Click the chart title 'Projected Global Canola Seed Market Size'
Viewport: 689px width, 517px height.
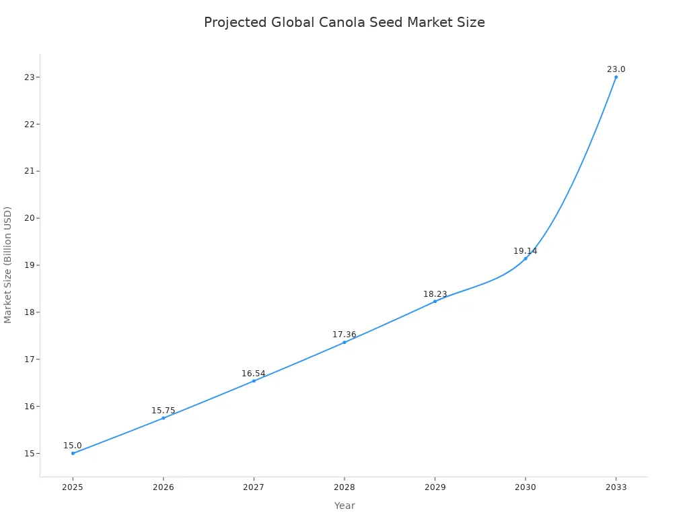344,22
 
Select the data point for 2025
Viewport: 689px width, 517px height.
73,453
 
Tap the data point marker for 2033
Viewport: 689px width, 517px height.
616,77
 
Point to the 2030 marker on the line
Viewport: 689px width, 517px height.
525,258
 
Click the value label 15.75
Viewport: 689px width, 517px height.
163,411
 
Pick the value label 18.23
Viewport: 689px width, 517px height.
435,294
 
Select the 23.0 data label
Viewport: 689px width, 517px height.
616,69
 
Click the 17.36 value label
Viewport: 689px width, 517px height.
344,335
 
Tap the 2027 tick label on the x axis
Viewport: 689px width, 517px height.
254,487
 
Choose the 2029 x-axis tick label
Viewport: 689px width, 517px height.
435,487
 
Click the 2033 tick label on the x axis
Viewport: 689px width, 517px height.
616,487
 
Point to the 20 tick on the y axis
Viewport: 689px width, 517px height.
30,218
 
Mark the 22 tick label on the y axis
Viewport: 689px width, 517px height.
30,124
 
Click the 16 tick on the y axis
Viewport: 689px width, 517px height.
30,406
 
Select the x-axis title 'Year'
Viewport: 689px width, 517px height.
344,506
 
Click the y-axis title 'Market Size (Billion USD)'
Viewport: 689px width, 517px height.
8,265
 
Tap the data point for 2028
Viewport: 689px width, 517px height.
344,342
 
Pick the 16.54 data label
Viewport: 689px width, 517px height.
254,374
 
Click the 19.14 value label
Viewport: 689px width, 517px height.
525,251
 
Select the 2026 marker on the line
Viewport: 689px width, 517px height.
164,418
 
